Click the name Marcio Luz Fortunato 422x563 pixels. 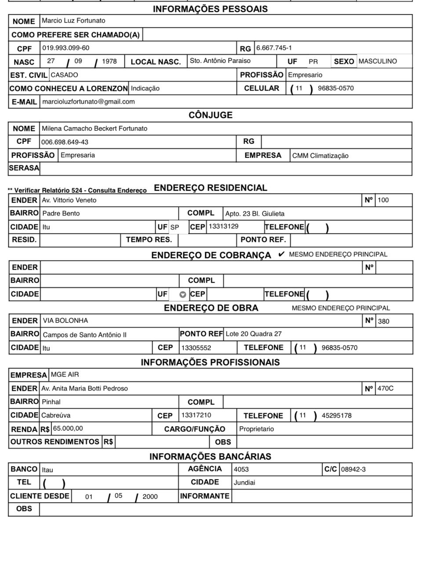coord(73,21)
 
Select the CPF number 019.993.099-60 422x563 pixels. coord(65,48)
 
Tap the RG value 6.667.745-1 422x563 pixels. coord(274,48)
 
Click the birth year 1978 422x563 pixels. coord(109,61)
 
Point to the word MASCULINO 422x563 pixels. coord(377,61)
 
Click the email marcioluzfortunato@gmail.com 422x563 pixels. coord(88,102)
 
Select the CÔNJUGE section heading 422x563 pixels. coord(210,115)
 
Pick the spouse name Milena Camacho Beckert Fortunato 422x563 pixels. coord(94,128)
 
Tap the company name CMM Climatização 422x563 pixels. coord(320,156)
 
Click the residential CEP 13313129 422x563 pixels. coord(223,226)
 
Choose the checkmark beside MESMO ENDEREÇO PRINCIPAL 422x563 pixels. coord(281,254)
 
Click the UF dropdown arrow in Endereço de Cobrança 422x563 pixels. coord(182,295)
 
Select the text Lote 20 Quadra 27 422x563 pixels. coord(254,334)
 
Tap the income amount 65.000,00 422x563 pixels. coord(68,428)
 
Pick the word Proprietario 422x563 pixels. coord(256,429)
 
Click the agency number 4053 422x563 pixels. coord(241,469)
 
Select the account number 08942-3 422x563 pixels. coord(353,469)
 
